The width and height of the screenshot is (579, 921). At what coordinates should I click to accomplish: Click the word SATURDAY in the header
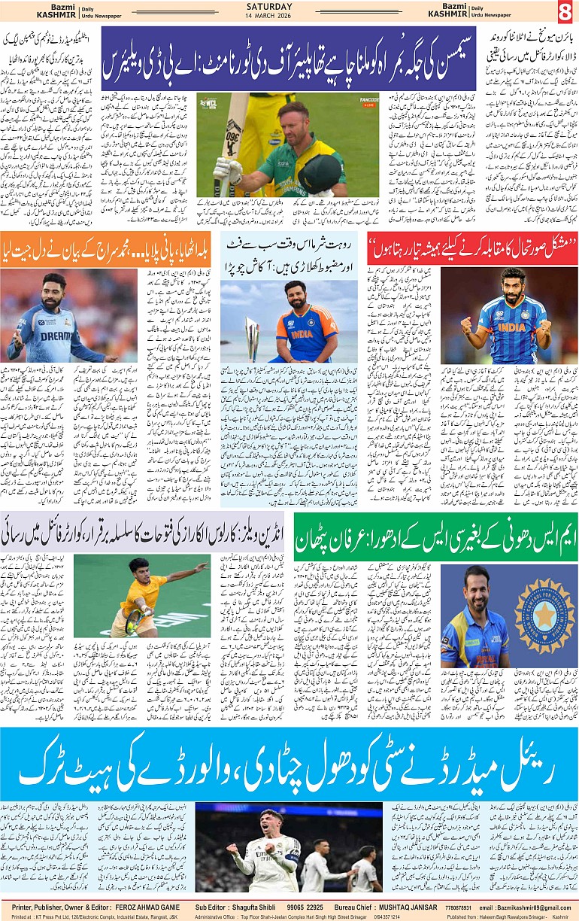[289, 6]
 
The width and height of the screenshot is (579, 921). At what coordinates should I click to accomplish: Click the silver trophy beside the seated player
[253, 337]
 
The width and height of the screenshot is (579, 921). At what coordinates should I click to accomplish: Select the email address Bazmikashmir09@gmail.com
[533, 907]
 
